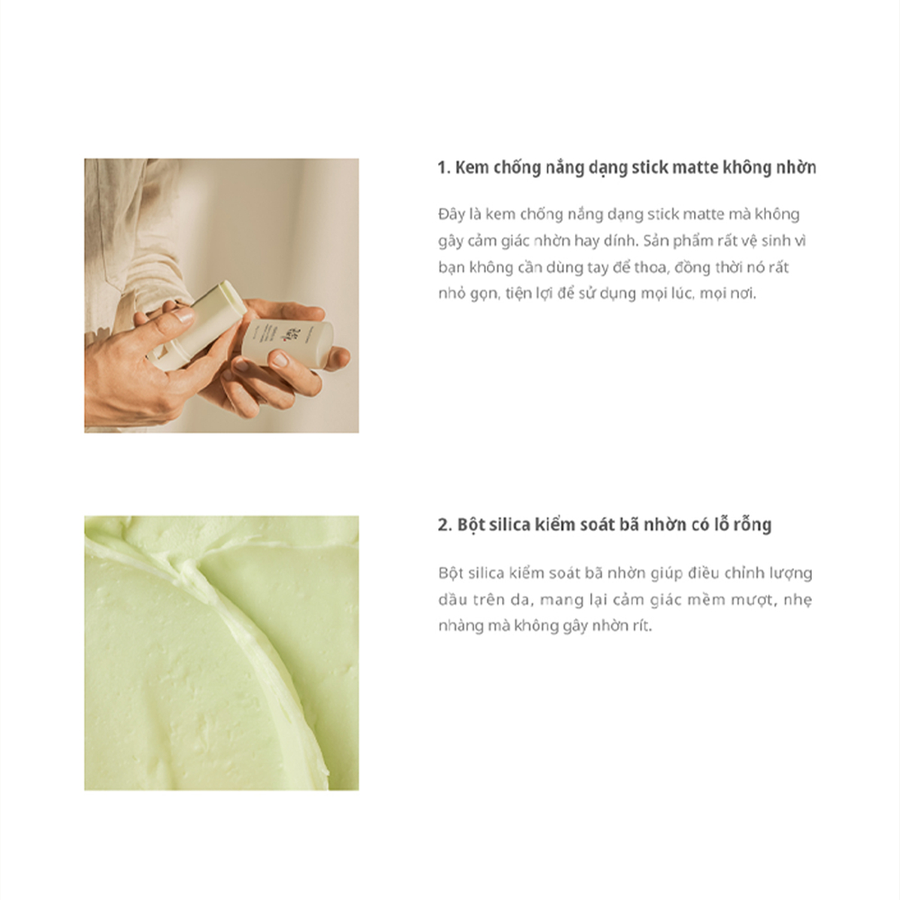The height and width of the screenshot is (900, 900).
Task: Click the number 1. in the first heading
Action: click(x=444, y=168)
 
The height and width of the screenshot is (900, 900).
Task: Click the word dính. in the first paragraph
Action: click(x=620, y=240)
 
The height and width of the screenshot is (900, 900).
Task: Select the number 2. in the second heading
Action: click(x=445, y=526)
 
